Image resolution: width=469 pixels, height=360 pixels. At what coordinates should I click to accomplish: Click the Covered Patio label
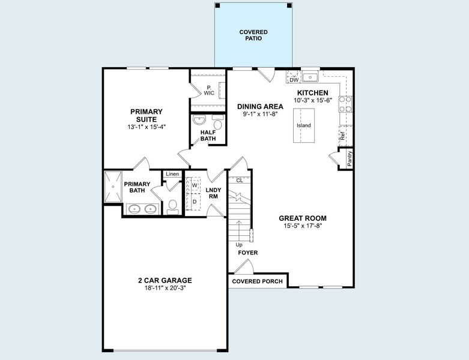point(253,35)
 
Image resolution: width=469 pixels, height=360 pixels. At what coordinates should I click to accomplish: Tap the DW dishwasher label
point(294,80)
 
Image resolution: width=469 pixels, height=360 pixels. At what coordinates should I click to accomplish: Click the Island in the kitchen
point(304,125)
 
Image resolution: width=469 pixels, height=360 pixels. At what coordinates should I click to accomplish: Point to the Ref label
point(342,136)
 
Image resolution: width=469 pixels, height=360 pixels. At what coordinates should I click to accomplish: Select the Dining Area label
point(260,106)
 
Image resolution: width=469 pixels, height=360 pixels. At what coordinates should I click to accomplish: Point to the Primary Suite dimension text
point(146,127)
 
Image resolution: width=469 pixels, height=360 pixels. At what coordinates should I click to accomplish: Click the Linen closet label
point(173,174)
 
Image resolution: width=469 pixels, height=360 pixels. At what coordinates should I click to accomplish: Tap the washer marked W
point(195,186)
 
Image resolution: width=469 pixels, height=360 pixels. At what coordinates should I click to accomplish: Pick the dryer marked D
point(195,202)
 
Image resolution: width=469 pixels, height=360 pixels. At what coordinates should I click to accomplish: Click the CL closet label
point(239,180)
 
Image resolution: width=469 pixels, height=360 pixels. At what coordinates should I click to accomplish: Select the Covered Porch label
point(257,281)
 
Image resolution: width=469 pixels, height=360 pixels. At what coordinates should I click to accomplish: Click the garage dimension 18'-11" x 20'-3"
point(165,289)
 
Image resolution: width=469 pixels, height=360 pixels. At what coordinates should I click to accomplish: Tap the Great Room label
point(303,218)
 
